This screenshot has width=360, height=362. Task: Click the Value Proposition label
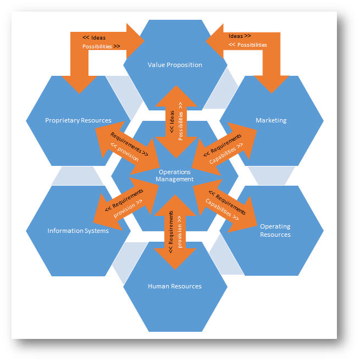175,65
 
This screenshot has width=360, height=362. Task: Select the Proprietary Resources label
78,120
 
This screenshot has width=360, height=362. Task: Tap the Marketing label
271,120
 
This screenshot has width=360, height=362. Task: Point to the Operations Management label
175,175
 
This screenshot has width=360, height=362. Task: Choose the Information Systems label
78,231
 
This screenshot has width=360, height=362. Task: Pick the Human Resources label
175,286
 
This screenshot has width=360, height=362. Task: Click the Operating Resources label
275,230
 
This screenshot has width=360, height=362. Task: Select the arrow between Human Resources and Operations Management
175,232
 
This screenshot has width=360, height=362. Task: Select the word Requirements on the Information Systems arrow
127,199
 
